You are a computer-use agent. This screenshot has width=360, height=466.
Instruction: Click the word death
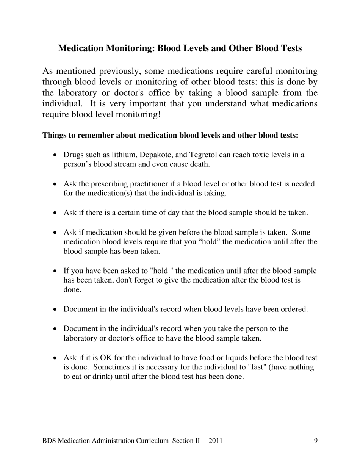(200, 164)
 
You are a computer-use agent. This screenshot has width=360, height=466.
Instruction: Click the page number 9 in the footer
(316, 441)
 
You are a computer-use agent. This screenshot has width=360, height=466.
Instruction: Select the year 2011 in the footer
(215, 441)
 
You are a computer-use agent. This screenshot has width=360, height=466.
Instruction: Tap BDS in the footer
(50, 441)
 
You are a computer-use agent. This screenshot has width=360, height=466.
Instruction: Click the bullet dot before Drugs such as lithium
(55, 155)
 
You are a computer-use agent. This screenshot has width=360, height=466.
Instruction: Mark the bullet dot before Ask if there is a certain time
(55, 213)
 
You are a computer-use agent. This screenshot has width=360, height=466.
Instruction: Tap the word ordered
(294, 310)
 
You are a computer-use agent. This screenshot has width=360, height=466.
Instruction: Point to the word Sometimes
(111, 367)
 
